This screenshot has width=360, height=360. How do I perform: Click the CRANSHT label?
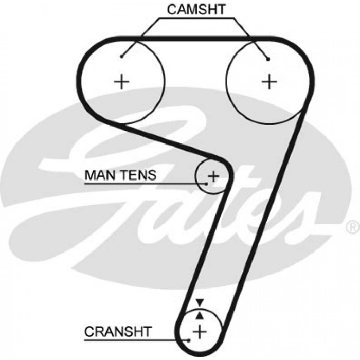118,331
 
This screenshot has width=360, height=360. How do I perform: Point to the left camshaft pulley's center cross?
122,81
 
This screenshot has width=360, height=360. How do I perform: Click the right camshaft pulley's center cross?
269,81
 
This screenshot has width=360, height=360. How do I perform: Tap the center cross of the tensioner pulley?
213,175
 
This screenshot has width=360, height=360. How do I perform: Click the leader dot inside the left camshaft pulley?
121,56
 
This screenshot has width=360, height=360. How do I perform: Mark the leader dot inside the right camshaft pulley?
268,59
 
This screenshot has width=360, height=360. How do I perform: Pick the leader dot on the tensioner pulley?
207,183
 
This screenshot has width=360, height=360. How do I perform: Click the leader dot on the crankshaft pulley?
190,339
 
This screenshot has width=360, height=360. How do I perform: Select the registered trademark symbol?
352,226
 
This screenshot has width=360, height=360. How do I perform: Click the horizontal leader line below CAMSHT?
195,19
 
